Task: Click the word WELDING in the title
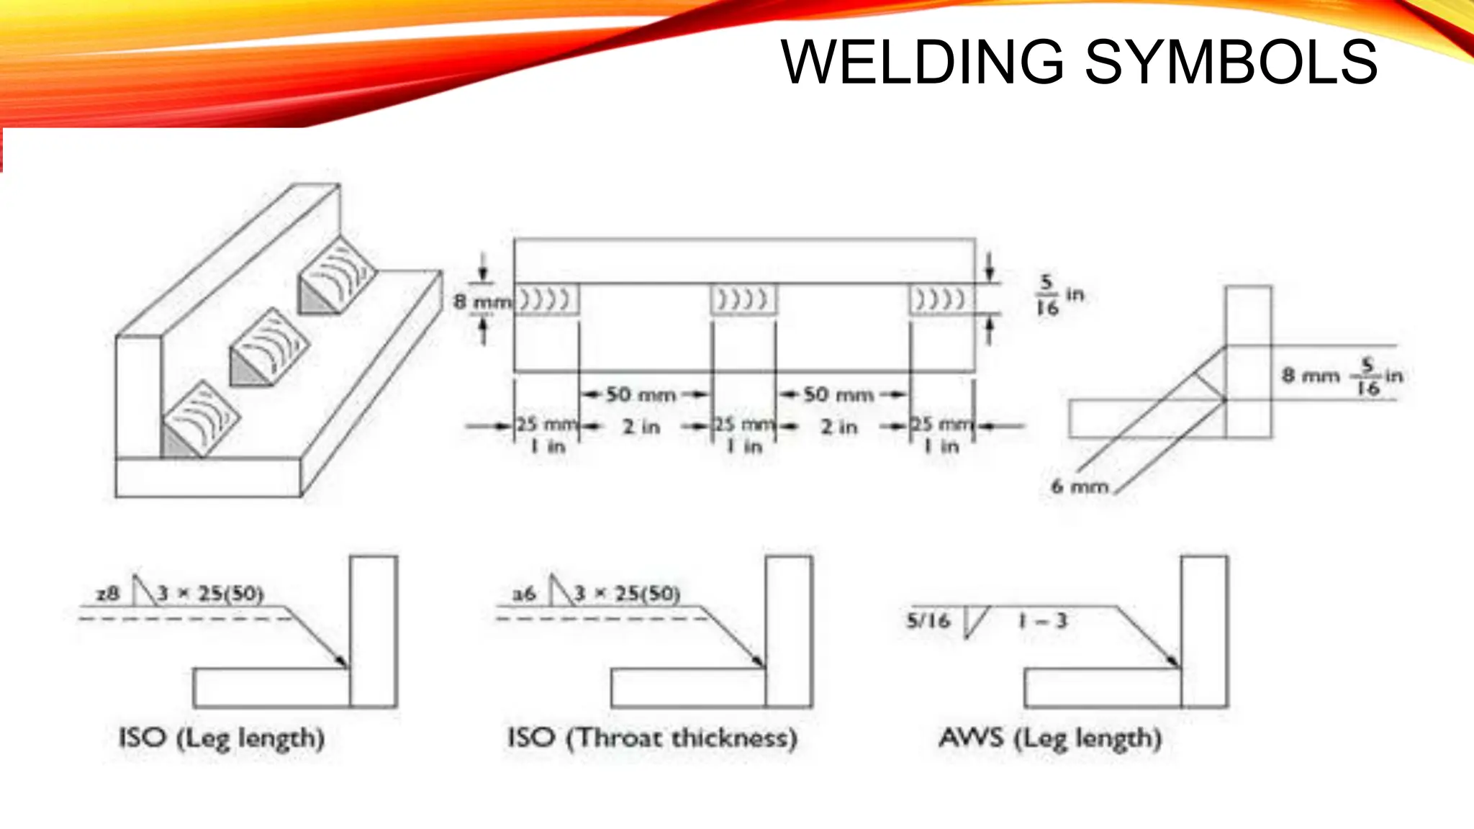tap(922, 63)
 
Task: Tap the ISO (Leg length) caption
tap(222, 738)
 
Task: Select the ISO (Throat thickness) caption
tap(652, 738)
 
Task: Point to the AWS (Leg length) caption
tap(1050, 738)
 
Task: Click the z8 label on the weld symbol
tap(107, 594)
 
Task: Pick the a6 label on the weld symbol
tap(524, 594)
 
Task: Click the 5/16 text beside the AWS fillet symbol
tap(928, 620)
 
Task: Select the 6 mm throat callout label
tap(1079, 487)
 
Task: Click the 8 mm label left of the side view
tap(481, 302)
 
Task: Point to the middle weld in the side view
tap(743, 299)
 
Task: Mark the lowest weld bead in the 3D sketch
tap(200, 421)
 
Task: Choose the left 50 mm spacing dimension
tap(641, 395)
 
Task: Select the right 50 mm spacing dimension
tap(838, 395)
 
